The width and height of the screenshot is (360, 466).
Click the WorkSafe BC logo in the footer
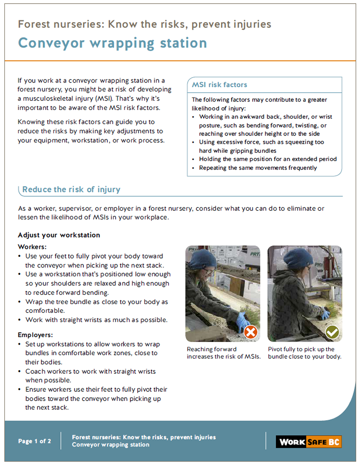click(308, 441)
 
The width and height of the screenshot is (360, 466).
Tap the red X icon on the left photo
click(251, 332)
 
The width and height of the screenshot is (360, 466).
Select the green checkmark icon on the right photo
click(332, 332)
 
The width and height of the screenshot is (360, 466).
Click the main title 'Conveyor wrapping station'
click(112, 43)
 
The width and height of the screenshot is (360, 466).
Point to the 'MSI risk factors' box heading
click(219, 84)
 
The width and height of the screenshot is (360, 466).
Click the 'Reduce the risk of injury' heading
click(71, 189)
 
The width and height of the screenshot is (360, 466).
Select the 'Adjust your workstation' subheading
click(59, 235)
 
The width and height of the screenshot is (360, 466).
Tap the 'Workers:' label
click(32, 247)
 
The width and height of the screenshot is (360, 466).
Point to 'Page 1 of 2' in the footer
click(34, 441)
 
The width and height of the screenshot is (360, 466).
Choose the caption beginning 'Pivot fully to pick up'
click(304, 353)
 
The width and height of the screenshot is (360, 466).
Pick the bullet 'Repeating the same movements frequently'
click(258, 168)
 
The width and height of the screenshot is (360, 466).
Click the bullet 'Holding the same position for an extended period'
click(268, 159)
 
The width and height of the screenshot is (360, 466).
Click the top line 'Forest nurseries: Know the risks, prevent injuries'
click(144, 24)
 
